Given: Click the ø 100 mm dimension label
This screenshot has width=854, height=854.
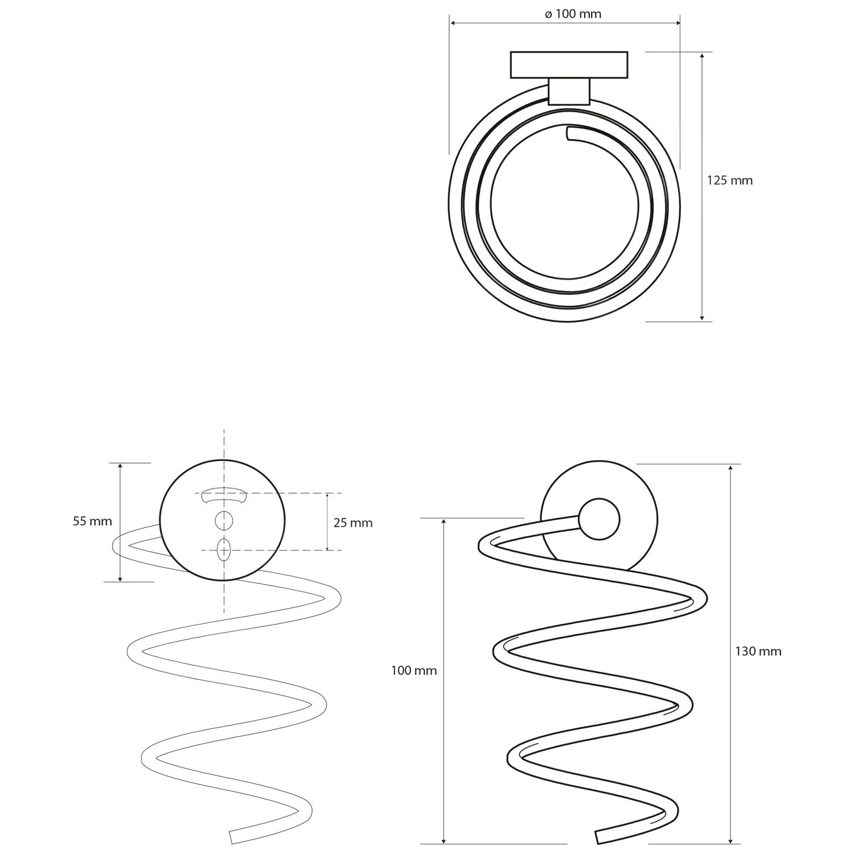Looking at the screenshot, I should [x=573, y=14].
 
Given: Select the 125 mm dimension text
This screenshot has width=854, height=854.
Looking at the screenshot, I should [x=729, y=180].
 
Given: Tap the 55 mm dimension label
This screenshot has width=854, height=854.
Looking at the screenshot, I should [x=92, y=521].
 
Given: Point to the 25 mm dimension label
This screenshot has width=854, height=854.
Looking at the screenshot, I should [x=352, y=523].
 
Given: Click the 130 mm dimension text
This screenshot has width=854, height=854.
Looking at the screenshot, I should [x=758, y=651].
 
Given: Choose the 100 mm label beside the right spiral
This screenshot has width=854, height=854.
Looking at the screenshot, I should [x=413, y=671].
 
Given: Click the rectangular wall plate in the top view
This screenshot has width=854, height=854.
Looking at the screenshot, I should [x=569, y=65].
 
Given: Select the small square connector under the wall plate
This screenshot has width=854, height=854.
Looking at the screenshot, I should [x=569, y=92].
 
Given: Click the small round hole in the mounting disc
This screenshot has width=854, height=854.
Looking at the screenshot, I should [x=224, y=520].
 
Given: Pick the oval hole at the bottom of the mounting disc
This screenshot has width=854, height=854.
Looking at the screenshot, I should [x=224, y=550].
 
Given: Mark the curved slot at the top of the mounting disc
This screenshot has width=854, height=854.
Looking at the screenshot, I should [x=224, y=495].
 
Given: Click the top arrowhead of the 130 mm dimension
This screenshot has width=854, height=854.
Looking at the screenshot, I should [x=731, y=467].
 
